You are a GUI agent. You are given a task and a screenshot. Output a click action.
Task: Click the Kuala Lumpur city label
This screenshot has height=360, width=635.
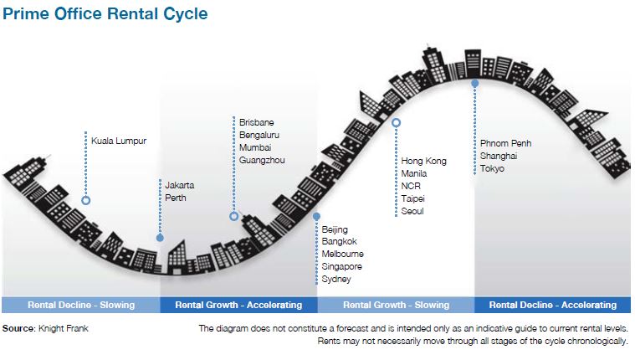tap(119, 141)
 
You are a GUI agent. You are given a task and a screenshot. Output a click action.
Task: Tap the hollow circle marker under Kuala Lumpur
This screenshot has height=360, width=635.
tap(86, 200)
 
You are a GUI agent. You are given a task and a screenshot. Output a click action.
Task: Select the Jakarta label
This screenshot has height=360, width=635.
tap(179, 185)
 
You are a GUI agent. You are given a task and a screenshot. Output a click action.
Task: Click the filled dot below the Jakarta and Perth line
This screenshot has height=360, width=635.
tap(160, 238)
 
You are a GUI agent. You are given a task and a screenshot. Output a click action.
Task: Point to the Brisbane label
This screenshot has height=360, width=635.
tap(256, 122)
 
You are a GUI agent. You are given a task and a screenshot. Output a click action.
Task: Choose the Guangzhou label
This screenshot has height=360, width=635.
tap(262, 160)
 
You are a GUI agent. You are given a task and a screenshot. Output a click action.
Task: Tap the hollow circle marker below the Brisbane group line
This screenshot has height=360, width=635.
tap(233, 217)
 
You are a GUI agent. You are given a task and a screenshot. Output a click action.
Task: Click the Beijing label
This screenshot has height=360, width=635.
tap(335, 229)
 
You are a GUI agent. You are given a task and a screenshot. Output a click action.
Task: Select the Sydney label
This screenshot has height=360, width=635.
tap(336, 279)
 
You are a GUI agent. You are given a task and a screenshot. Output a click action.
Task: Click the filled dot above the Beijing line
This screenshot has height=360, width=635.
tap(317, 217)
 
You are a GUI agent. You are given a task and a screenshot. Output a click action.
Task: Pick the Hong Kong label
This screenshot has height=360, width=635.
tap(423, 161)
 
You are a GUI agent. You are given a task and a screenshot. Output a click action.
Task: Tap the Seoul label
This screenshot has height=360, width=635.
tap(412, 211)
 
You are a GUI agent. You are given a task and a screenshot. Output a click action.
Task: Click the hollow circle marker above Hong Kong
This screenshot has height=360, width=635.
tap(396, 122)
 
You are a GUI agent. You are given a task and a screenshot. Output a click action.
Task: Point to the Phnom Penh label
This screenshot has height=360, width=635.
tap(505, 143)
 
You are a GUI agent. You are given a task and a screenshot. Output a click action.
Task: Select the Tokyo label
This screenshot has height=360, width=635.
tap(492, 168)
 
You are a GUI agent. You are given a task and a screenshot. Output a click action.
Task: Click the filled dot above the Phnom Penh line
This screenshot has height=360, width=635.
tap(474, 84)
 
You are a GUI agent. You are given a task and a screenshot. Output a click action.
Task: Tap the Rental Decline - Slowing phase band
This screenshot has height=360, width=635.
tap(81, 305)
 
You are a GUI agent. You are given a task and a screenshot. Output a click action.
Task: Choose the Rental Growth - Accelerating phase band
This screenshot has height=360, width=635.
tap(239, 305)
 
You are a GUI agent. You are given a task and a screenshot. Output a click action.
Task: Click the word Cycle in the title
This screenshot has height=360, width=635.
tap(186, 13)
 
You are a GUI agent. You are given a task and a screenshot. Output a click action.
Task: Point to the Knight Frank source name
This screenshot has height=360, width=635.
tap(64, 328)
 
